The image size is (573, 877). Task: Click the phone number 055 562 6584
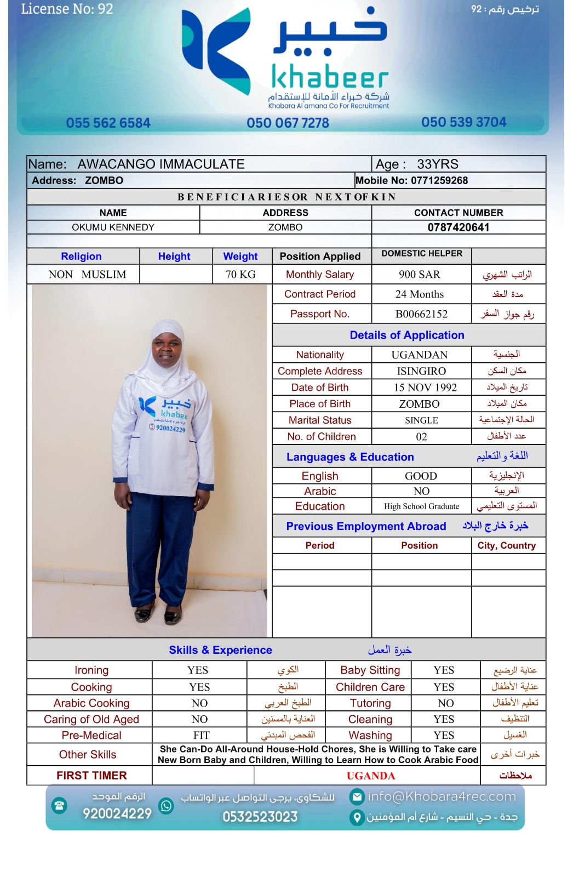click(108, 123)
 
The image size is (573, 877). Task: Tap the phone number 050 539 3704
click(463, 122)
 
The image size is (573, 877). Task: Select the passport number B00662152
click(421, 314)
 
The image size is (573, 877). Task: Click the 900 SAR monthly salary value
click(420, 275)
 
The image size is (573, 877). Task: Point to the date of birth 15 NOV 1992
click(425, 388)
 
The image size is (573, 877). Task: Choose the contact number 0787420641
click(459, 227)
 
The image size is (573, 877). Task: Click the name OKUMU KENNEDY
click(113, 227)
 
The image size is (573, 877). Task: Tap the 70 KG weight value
click(240, 275)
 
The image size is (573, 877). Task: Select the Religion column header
click(81, 257)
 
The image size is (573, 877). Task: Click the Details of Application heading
click(407, 335)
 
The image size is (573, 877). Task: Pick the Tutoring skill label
click(370, 703)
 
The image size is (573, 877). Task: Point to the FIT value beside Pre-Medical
click(201, 736)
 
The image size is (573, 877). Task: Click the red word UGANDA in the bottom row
click(370, 776)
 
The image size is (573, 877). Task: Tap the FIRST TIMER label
click(91, 776)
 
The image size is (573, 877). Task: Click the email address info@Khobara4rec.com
click(442, 796)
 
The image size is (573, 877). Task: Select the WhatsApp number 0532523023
click(260, 817)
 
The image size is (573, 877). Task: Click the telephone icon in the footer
click(59, 806)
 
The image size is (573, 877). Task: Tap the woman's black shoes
click(158, 613)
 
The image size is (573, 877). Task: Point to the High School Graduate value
click(421, 506)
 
